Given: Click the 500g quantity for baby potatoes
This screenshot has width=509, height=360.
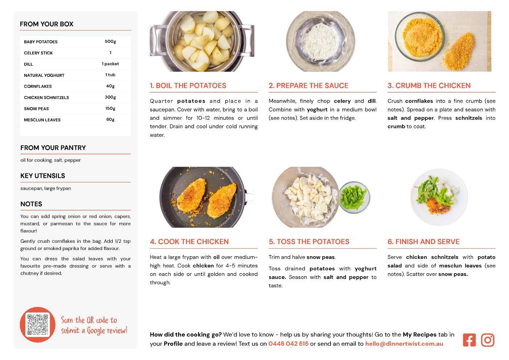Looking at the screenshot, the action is coord(110,41).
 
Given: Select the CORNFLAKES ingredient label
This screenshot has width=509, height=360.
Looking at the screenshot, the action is coord(38,86).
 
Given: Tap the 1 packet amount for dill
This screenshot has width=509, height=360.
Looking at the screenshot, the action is coord(110,64).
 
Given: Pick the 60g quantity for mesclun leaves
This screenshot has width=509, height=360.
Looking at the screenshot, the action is coord(110,119).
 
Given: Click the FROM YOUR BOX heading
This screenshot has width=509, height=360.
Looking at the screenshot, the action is coord(46,24).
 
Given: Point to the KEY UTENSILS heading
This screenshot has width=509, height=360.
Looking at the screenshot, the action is coord(43,176).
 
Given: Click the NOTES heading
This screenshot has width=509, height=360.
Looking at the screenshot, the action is coord(31,204).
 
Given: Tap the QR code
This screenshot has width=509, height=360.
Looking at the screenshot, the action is coord(38,324).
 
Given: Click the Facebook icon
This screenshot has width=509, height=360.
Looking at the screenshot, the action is coord(469,340).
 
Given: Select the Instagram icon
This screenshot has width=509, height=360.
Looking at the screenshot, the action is coord(488,340).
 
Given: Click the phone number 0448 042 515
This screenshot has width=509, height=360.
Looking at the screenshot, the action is coord(288,344).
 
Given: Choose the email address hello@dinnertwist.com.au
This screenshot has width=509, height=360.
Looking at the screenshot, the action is coord(404,344).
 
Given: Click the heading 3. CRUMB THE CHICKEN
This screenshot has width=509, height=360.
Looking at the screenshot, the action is coord(429,85).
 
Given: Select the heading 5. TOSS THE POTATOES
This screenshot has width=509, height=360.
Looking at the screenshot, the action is coord(309,242).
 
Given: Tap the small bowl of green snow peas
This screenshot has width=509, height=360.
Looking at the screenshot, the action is coord(354,197).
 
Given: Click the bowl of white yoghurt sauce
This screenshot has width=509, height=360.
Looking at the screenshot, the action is coord(320,42).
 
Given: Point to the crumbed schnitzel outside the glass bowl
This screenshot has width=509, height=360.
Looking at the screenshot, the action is coord(459,52).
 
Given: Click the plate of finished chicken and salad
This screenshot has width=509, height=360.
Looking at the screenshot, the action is coord(439,197).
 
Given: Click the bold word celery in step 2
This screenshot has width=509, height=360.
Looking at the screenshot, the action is coord(342,101).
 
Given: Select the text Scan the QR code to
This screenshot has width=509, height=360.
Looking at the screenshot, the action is coord(89,320).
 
